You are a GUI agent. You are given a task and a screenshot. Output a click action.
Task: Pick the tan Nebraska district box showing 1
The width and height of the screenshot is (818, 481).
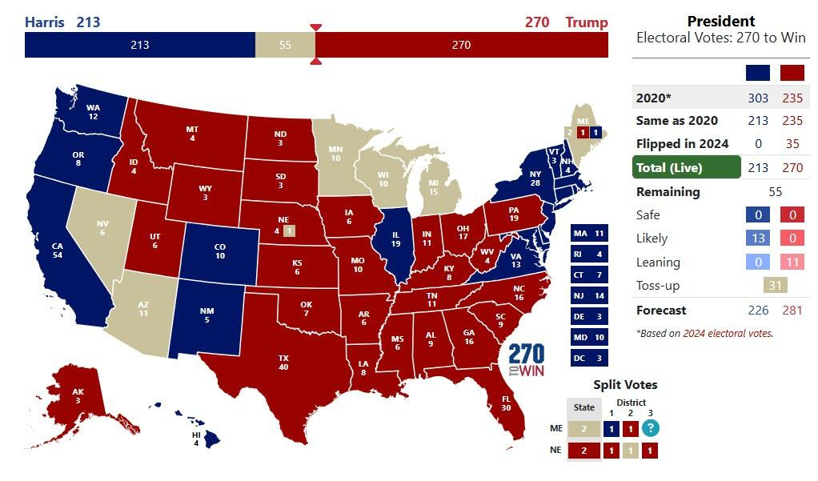pos(289,231)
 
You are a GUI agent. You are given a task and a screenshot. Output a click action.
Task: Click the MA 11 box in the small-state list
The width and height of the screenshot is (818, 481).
pos(589,233)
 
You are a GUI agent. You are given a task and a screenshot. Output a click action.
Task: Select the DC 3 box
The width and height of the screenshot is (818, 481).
pos(589,358)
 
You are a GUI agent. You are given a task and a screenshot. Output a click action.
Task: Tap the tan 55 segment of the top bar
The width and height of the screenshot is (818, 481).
pos(285,45)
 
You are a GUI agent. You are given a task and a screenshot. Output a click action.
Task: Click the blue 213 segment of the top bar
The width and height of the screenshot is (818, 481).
pos(139,45)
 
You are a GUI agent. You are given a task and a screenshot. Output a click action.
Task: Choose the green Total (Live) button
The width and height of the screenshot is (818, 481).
pos(686,167)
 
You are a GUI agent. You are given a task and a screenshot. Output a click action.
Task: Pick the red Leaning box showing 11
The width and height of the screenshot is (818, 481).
pos(793,262)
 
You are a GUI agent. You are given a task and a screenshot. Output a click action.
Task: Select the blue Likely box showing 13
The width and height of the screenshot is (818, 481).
pos(757,238)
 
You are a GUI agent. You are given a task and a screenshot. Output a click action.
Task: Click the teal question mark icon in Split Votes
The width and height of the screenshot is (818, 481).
pos(651,427)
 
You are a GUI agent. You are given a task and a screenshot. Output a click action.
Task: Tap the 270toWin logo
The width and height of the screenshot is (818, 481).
pos(526,361)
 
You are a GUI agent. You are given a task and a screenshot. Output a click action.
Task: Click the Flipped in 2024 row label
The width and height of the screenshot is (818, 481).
pos(682,143)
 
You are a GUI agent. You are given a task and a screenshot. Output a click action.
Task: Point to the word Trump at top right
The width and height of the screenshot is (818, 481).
pos(586,22)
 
